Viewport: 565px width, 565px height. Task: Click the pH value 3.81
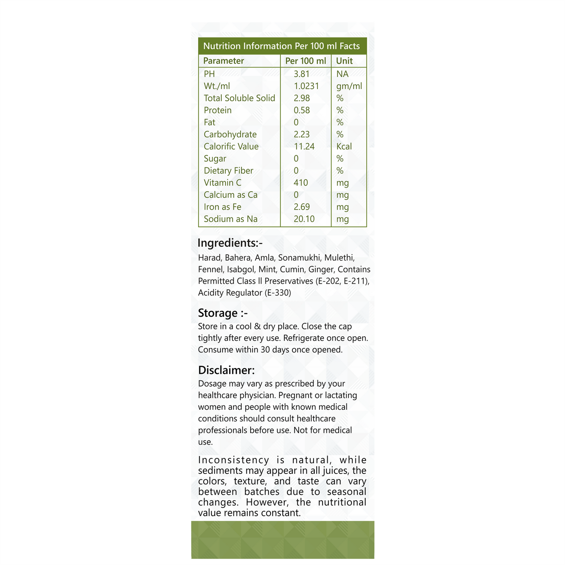pos(301,74)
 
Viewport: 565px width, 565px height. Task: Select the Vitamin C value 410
pos(301,183)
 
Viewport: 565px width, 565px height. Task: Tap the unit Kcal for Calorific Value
pos(344,147)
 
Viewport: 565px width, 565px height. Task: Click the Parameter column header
pos(223,61)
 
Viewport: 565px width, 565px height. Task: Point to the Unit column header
pos(344,61)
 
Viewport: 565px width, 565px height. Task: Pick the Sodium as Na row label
pos(230,219)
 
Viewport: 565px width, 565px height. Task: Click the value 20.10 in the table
pos(304,219)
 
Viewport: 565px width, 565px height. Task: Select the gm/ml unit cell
pos(349,86)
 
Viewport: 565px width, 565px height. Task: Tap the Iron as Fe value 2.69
pos(301,207)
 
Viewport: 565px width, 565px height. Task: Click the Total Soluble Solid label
pos(239,98)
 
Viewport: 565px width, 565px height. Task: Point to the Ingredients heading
pos(230,243)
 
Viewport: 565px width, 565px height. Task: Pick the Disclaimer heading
pos(226,370)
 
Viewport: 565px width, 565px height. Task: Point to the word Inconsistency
pos(233,460)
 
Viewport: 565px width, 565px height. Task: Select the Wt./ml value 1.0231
pos(306,86)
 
